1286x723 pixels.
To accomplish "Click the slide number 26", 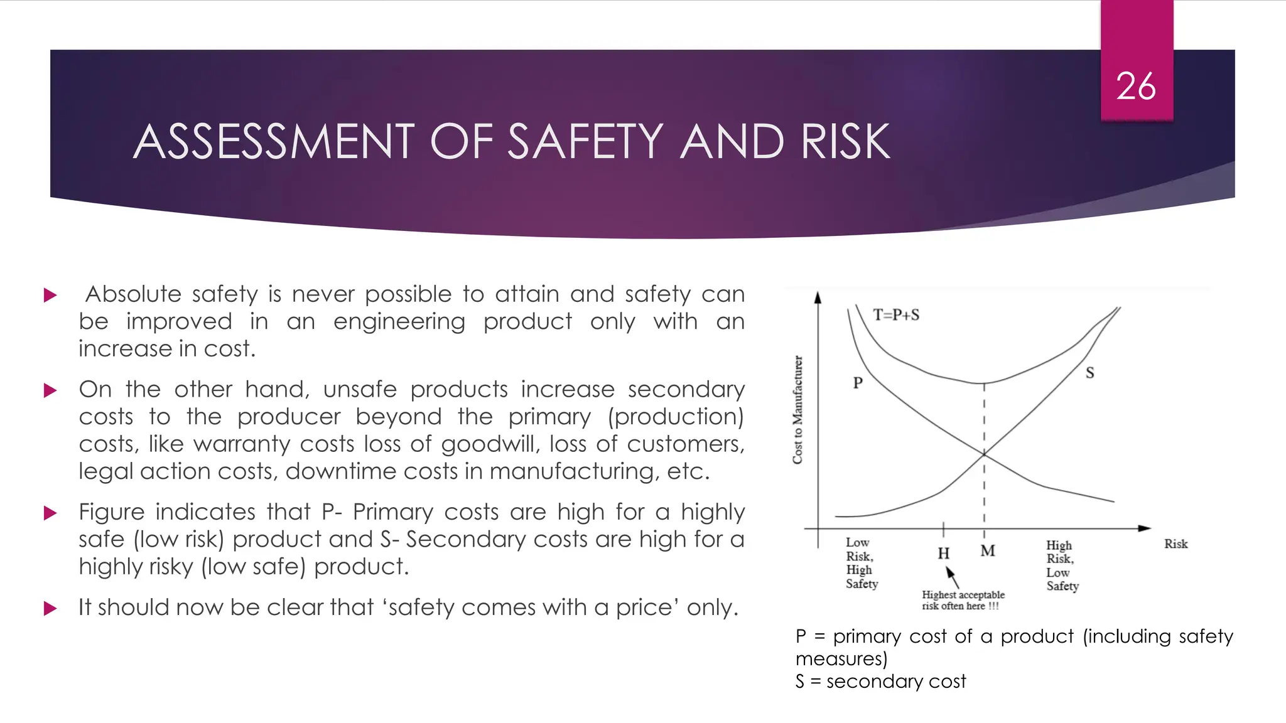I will (x=1136, y=86).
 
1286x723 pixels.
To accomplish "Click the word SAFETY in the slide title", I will (x=585, y=142).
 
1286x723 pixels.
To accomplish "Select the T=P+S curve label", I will (x=896, y=315).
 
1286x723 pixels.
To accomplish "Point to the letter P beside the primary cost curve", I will (x=858, y=383).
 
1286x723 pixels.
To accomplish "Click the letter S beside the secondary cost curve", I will (x=1089, y=373).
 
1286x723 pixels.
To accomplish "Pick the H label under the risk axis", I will (x=943, y=554).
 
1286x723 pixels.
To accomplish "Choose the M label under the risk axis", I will (x=988, y=551).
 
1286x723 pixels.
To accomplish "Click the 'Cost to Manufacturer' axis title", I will (x=797, y=410).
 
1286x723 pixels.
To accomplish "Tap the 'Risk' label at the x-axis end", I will (x=1175, y=544).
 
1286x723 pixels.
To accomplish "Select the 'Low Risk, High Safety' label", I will (x=861, y=563).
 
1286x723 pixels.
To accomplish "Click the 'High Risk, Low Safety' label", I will (x=1062, y=565).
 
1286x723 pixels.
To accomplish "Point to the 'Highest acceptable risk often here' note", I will (x=963, y=600).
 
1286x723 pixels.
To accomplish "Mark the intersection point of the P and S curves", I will (x=984, y=453).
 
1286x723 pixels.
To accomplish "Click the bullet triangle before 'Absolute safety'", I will (x=50, y=295).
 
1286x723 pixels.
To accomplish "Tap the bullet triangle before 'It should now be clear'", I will (x=50, y=608).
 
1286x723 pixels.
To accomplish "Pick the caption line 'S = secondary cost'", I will (x=880, y=682).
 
